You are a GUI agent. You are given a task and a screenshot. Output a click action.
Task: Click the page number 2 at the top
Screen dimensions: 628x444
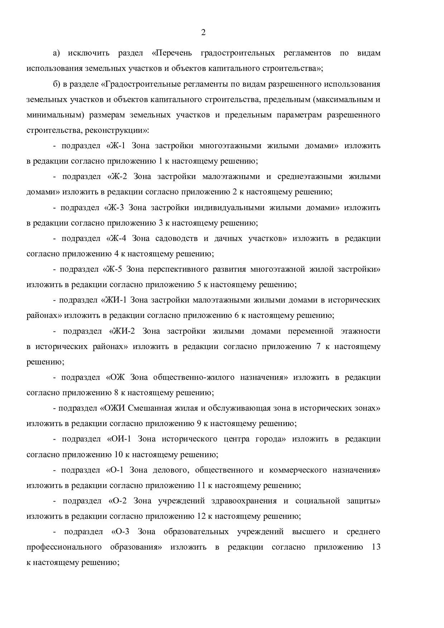203,33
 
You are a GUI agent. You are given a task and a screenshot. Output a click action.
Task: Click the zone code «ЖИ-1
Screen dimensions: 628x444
114,300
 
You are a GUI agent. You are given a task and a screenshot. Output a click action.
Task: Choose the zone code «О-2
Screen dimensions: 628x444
117,501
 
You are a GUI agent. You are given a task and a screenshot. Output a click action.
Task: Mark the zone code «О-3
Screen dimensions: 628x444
120,532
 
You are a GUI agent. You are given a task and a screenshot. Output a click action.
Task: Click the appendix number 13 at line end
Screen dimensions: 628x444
376,547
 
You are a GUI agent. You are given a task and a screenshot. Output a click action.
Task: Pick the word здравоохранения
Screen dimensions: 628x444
243,501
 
